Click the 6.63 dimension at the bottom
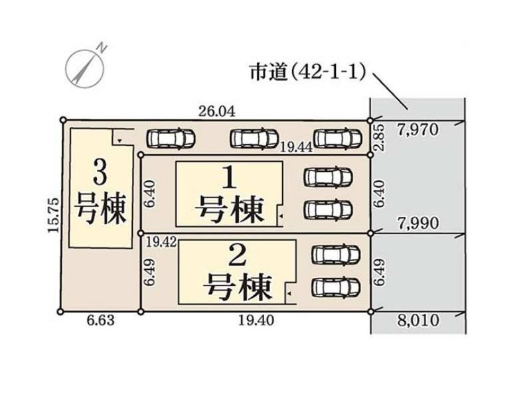coord(102,322)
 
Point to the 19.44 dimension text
coord(295,149)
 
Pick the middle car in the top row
coord(254,138)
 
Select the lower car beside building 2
coord(335,287)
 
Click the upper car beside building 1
coord(328,177)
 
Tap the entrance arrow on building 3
coord(117,141)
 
